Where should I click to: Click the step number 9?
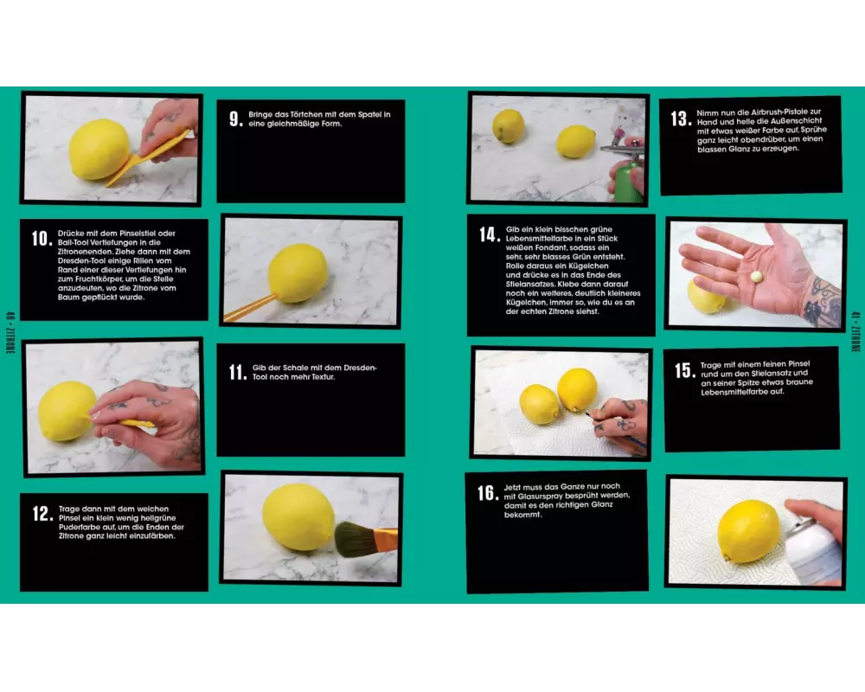coord(235,119)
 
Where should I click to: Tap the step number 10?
coord(42,238)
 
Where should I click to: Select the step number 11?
coord(238,372)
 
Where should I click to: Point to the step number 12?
coord(43,513)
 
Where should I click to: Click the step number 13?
coord(682,119)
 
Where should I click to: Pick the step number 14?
coord(490,234)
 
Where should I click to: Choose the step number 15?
coord(685,370)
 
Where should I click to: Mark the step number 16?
coord(488,493)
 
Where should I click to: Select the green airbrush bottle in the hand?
coord(628,175)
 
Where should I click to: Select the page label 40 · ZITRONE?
coord(10,333)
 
